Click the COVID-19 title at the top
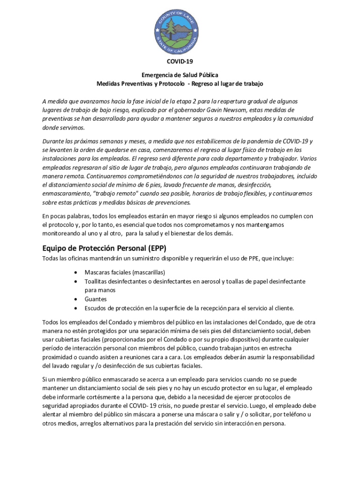pyautogui.click(x=180, y=61)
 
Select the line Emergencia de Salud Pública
pyautogui.click(x=180, y=75)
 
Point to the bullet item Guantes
pyautogui.click(x=95, y=299)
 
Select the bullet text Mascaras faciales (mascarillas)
pyautogui.click(x=125, y=272)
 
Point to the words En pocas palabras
pyautogui.click(x=65, y=216)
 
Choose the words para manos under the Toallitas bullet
pyautogui.click(x=100, y=290)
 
